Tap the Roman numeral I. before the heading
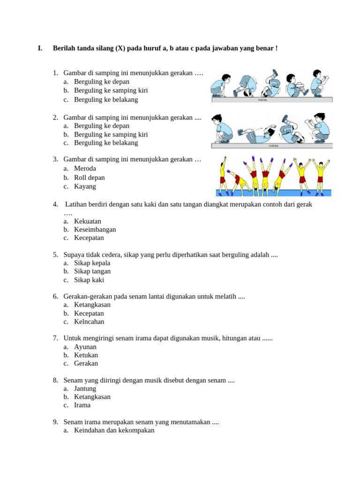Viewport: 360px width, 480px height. click(40, 48)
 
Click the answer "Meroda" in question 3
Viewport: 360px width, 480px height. click(85, 169)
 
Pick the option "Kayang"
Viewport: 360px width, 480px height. click(85, 186)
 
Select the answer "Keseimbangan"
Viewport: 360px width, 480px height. click(95, 229)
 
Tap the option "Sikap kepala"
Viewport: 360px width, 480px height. click(92, 263)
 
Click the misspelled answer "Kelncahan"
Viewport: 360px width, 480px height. click(89, 322)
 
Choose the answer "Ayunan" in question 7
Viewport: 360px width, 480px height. click(85, 347)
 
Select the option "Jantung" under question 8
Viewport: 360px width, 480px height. click(85, 389)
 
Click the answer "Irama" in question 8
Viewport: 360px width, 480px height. click(82, 405)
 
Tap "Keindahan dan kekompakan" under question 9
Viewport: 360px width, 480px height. click(114, 430)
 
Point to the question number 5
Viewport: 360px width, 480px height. click(55, 255)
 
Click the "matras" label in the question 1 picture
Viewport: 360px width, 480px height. click(262, 99)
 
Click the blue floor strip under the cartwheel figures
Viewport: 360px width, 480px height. click(273, 193)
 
